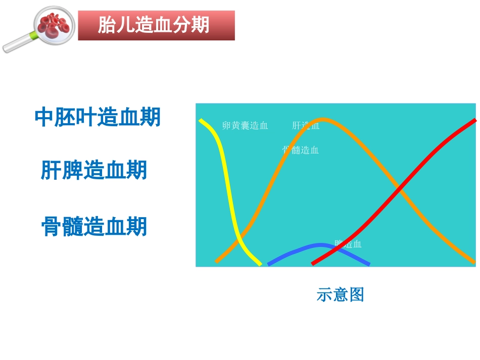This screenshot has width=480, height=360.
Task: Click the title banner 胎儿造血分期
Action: pyautogui.click(x=156, y=25)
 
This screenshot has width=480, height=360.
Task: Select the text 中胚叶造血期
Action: pyautogui.click(x=98, y=117)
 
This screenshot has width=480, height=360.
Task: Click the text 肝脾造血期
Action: pyautogui.click(x=94, y=171)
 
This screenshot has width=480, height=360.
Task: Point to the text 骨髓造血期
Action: pyautogui.click(x=94, y=227)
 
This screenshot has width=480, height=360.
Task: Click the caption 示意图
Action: pyautogui.click(x=340, y=294)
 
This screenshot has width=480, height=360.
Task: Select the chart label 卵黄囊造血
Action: pyautogui.click(x=245, y=126)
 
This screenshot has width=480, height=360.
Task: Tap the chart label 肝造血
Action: pyautogui.click(x=306, y=126)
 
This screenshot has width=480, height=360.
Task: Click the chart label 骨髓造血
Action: pyautogui.click(x=301, y=150)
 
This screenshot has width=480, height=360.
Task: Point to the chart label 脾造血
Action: pyautogui.click(x=348, y=244)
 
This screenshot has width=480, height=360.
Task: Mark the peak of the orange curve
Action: pyautogui.click(x=322, y=120)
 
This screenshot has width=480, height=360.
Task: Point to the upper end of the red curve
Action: pyautogui.click(x=474, y=121)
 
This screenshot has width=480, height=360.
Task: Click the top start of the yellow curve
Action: pyautogui.click(x=202, y=121)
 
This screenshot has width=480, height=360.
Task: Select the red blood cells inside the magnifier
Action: pyautogui.click(x=52, y=24)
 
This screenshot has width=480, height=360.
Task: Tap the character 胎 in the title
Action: pyautogui.click(x=106, y=25)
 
